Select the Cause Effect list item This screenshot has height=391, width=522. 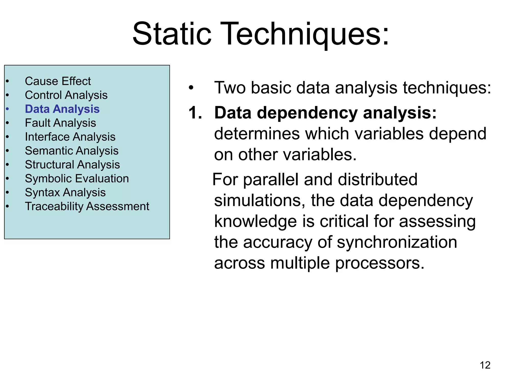point(58,81)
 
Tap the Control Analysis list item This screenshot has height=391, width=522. point(66,95)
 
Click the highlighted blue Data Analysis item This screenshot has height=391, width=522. point(62,109)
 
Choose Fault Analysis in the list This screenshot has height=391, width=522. point(60,123)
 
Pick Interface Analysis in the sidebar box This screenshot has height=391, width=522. point(70,137)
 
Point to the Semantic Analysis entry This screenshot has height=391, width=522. point(72,151)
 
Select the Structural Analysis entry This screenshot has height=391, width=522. point(72,165)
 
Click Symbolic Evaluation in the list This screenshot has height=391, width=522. point(77,178)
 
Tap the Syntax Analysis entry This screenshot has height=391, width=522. point(65,192)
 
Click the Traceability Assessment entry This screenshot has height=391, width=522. point(87,206)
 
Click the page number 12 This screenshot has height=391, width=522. point(485,365)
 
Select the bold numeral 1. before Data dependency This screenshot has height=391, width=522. point(195,113)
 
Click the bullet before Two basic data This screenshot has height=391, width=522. point(191,88)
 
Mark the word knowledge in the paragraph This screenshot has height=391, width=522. point(255,221)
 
